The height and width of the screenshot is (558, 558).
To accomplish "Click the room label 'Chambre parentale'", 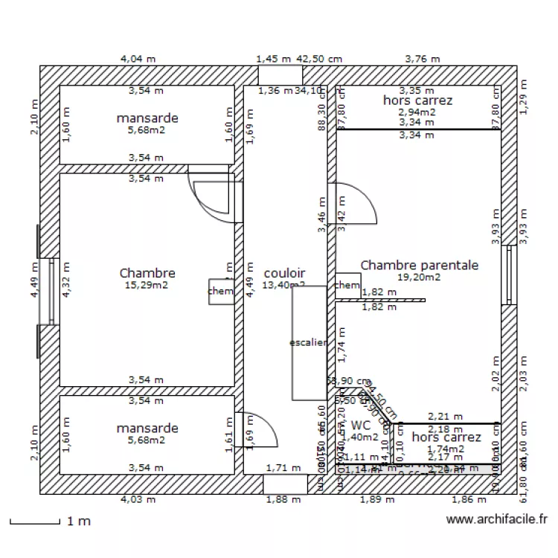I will [x=419, y=265].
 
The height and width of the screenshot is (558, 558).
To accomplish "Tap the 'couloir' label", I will [x=284, y=274].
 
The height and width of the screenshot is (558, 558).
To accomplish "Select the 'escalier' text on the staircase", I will [x=308, y=342].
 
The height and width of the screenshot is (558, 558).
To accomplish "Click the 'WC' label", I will [x=360, y=425].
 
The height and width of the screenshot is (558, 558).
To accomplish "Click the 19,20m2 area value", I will [x=419, y=277].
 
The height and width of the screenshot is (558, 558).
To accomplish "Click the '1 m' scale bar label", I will [x=79, y=521].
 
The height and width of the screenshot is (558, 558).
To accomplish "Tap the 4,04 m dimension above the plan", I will [x=138, y=58].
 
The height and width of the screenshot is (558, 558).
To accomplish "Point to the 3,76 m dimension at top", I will [x=422, y=58].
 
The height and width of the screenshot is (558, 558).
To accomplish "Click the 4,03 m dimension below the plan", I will [x=138, y=499].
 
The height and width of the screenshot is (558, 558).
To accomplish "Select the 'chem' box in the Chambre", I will [x=220, y=291].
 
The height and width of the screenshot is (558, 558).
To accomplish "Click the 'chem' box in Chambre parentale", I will [x=347, y=285].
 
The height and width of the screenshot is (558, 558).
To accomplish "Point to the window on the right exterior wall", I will [x=510, y=274].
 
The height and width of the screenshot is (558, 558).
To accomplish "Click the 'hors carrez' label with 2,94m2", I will [x=417, y=100].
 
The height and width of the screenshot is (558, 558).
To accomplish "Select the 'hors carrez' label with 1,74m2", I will [x=446, y=437].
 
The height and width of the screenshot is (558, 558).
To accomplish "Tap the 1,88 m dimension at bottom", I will [x=283, y=499].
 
